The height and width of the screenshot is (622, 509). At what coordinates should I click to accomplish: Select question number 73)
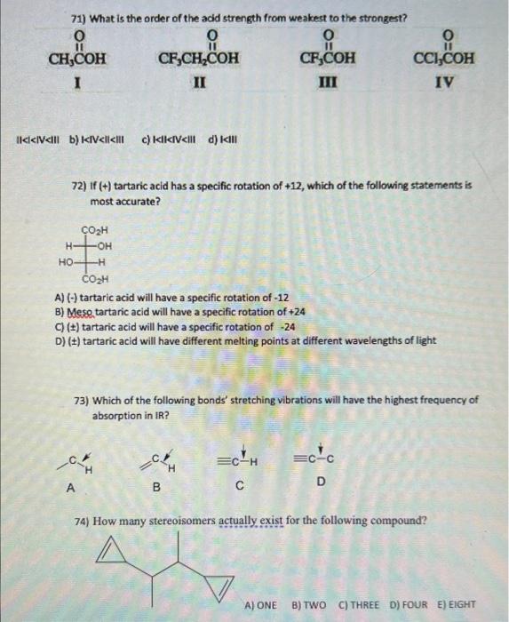click(84, 401)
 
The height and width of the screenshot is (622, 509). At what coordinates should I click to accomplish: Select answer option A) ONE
click(264, 604)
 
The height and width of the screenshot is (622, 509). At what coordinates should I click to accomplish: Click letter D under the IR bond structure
click(321, 481)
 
